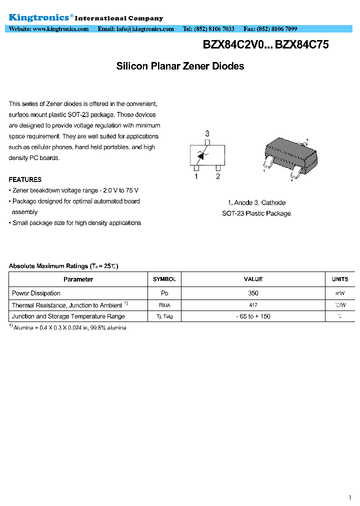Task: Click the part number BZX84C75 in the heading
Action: (x=302, y=44)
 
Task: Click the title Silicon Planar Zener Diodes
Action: (x=180, y=66)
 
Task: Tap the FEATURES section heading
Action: (x=25, y=179)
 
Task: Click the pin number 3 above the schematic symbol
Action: (x=207, y=133)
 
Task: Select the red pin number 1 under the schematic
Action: (x=196, y=176)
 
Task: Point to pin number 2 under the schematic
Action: (x=218, y=176)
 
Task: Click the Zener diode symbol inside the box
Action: (x=202, y=155)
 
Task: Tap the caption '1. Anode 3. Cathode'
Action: (x=256, y=202)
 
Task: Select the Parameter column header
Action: (x=78, y=279)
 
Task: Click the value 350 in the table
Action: (x=253, y=293)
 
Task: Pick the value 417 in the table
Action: (x=253, y=305)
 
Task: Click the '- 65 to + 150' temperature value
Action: (x=253, y=316)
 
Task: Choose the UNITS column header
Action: (x=340, y=279)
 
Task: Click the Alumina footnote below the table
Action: (x=69, y=327)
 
